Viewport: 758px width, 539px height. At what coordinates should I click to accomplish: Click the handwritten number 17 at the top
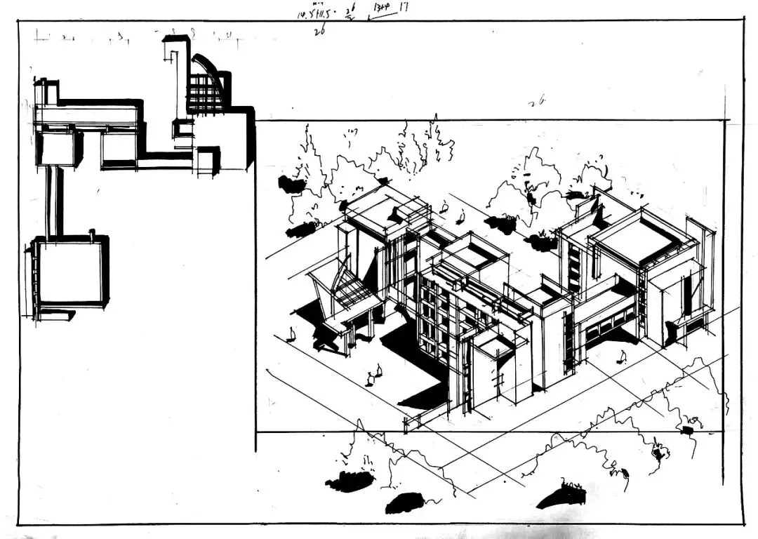coord(404,7)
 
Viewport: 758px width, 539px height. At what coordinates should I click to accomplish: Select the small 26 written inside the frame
coord(537,102)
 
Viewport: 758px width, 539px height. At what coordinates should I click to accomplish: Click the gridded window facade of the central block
coord(434,319)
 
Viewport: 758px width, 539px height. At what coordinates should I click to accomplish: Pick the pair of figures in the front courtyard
coord(373,376)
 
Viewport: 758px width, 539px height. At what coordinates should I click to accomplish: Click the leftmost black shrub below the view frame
coord(349,481)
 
